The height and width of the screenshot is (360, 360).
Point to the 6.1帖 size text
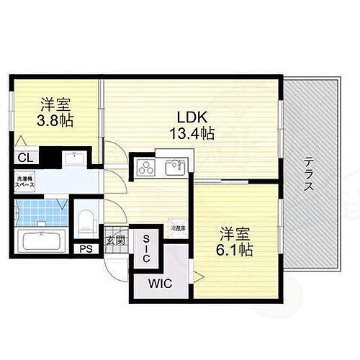(x=235, y=251)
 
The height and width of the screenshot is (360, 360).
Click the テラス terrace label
(x=307, y=174)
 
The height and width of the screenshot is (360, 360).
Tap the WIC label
(x=162, y=284)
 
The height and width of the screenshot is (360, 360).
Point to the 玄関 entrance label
(x=116, y=240)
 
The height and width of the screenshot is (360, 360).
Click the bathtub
(x=38, y=240)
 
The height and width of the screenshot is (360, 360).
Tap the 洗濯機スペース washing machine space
(x=23, y=182)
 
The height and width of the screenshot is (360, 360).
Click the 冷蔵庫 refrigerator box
(x=178, y=227)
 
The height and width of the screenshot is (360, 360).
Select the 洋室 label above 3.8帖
(x=55, y=104)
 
